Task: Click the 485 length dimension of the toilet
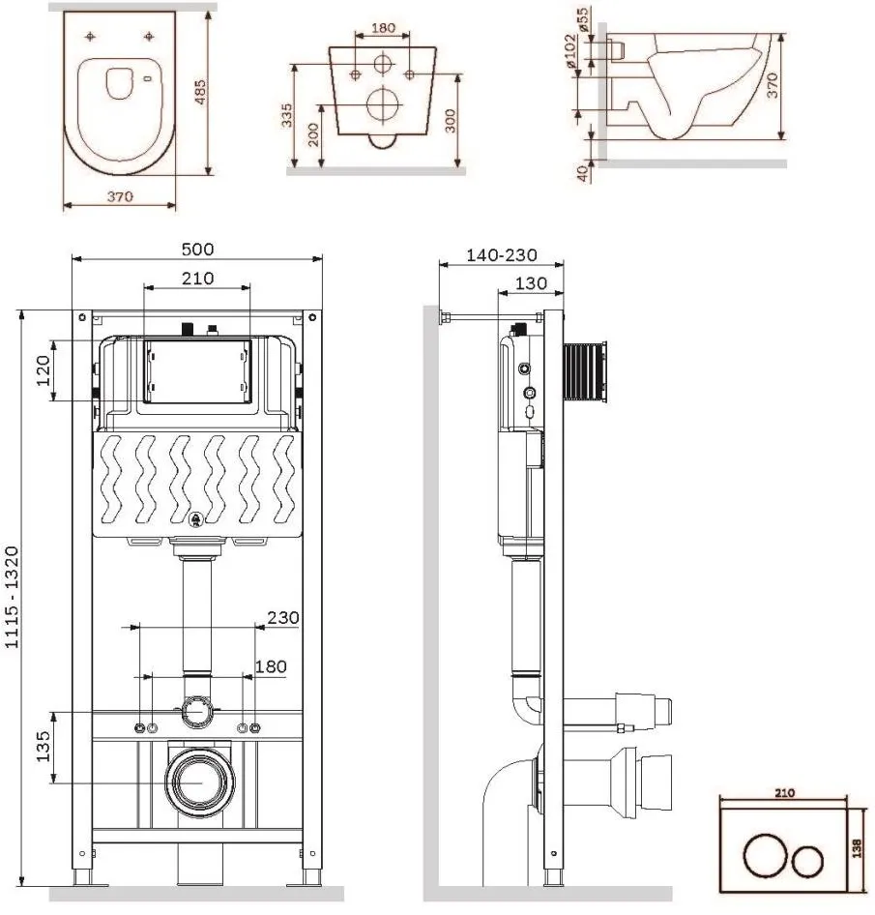tap(200, 92)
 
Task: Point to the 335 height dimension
tap(287, 115)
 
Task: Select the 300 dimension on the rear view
tap(451, 121)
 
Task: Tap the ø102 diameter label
tap(570, 50)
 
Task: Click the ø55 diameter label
tap(583, 19)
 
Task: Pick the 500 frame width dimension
tap(197, 250)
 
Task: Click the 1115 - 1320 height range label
tap(13, 597)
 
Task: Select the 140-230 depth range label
tap(502, 255)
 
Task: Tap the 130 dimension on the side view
tap(531, 283)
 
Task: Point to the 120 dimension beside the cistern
tap(44, 371)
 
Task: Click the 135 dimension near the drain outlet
tap(44, 747)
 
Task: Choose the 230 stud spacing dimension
tap(283, 617)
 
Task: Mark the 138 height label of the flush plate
tap(857, 848)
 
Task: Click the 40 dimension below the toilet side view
tap(583, 173)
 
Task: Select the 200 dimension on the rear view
tap(313, 134)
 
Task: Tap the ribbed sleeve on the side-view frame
tap(585, 372)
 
